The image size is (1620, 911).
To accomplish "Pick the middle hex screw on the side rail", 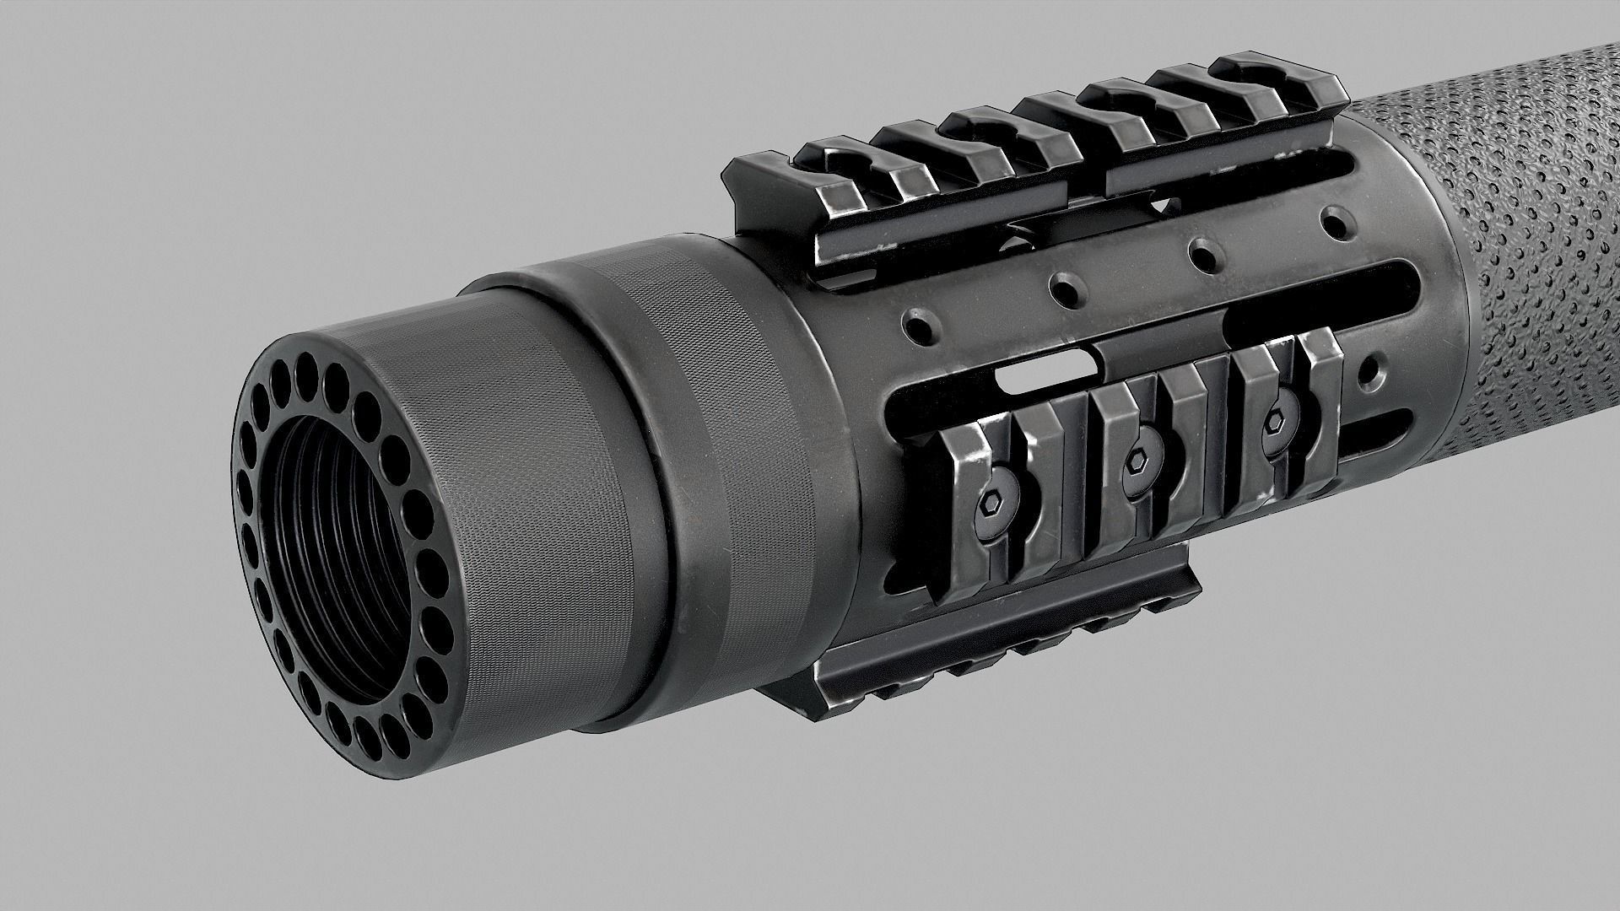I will [x=1141, y=462].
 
